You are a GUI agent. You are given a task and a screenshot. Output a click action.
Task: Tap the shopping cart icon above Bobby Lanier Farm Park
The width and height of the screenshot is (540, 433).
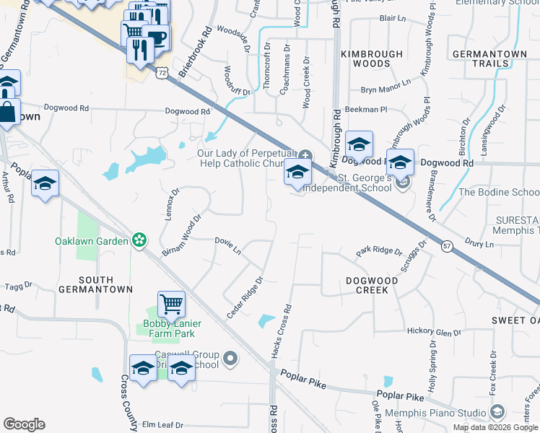(x=172, y=304)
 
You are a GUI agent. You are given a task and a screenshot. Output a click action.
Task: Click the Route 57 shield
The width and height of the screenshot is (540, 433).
(x=448, y=246)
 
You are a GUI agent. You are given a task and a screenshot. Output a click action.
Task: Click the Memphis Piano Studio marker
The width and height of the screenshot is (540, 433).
(x=497, y=413)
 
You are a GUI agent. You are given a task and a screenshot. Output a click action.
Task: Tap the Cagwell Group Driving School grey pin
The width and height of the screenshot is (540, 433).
(x=230, y=358)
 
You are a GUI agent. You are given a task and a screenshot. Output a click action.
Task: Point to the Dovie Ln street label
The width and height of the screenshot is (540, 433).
(x=227, y=245)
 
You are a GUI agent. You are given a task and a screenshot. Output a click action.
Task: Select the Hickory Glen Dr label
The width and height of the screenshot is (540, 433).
(x=434, y=332)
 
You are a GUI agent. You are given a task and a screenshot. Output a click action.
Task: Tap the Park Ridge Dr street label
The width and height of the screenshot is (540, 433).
(x=379, y=252)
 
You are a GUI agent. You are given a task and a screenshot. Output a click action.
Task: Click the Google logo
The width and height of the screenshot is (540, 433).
(x=24, y=424)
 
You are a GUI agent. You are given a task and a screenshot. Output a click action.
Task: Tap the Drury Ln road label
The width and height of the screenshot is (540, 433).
(x=479, y=245)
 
